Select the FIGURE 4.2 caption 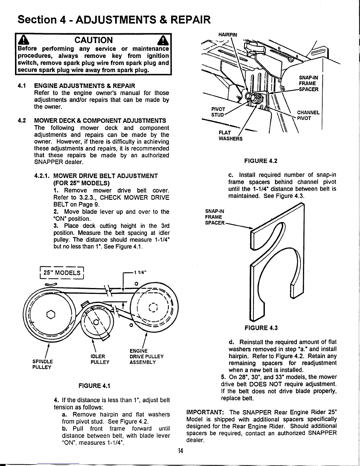(x=261, y=161)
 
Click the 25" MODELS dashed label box (x=62, y=272)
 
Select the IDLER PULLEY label (x=100, y=360)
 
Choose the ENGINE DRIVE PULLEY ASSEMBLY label (x=146, y=356)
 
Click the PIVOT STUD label (x=218, y=112)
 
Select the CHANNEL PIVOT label (x=308, y=115)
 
